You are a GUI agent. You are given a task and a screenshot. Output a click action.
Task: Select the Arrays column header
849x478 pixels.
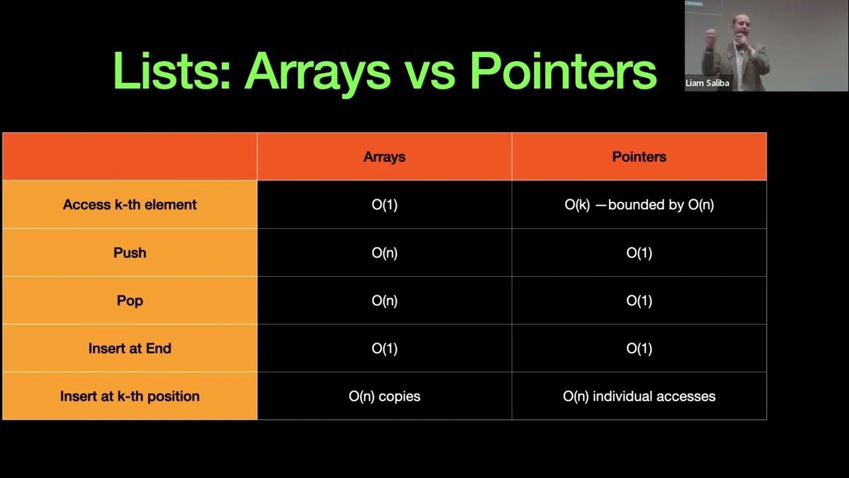pyautogui.click(x=384, y=157)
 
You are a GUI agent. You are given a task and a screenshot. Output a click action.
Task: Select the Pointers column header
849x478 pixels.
pyautogui.click(x=639, y=157)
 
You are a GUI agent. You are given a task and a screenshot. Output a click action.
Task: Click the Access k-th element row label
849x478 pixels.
pyautogui.click(x=130, y=204)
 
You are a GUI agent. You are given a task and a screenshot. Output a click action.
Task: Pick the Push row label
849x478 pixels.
pyautogui.click(x=130, y=253)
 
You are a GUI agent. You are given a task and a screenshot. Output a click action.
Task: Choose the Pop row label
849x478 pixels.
pyautogui.click(x=130, y=301)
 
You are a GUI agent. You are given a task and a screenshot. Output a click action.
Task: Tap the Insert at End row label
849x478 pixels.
pyautogui.click(x=130, y=349)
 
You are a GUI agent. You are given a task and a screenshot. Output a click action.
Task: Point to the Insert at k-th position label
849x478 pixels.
pyautogui.click(x=130, y=396)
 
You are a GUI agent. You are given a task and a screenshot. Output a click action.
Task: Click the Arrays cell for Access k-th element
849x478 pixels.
pyautogui.click(x=384, y=204)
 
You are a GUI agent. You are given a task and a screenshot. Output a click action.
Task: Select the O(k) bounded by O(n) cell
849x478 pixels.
pyautogui.click(x=639, y=204)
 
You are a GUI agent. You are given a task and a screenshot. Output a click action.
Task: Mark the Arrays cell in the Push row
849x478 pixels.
pyautogui.click(x=384, y=253)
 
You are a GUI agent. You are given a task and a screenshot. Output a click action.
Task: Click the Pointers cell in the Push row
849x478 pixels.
pyautogui.click(x=639, y=253)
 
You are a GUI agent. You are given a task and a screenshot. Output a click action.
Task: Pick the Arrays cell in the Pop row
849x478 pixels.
pyautogui.click(x=384, y=301)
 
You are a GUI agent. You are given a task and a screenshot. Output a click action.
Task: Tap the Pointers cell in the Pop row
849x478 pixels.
pyautogui.click(x=639, y=301)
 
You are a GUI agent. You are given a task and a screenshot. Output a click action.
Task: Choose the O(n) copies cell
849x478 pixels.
pyautogui.click(x=384, y=396)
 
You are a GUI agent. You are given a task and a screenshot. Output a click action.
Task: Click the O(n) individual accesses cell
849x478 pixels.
pyautogui.click(x=639, y=396)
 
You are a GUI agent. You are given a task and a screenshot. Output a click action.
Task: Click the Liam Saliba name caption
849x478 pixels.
pyautogui.click(x=708, y=84)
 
